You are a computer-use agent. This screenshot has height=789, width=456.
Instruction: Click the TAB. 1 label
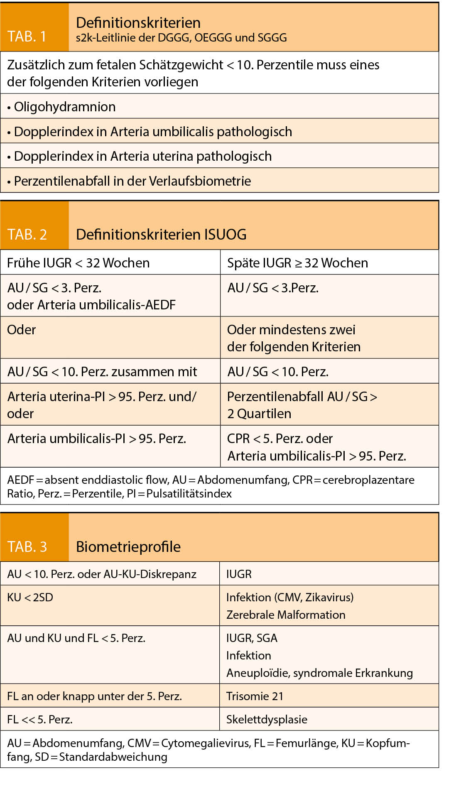(x=27, y=37)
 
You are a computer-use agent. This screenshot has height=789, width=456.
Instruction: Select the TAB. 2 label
(x=27, y=235)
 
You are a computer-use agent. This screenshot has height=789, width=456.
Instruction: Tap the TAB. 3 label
(x=27, y=546)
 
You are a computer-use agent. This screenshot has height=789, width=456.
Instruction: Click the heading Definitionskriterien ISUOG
(x=161, y=235)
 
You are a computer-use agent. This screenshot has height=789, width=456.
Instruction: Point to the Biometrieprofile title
(x=128, y=547)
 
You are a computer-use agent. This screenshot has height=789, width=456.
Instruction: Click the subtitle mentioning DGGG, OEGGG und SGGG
(x=181, y=38)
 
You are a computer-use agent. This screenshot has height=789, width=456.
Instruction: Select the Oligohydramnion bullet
(x=65, y=107)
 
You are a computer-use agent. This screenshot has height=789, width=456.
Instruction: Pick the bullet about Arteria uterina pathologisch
(x=142, y=156)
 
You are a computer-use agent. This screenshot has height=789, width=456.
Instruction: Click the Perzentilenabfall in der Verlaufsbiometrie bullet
(x=132, y=181)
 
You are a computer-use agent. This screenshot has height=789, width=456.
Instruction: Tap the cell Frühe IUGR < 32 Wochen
(x=78, y=263)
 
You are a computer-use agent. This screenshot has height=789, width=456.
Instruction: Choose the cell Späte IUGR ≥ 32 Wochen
(x=297, y=263)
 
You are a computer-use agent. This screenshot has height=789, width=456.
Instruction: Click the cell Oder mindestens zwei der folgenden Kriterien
(x=294, y=338)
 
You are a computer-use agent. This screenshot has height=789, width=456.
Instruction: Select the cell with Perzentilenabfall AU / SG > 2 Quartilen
(x=302, y=405)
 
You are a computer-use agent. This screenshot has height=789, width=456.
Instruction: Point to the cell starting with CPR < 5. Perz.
(x=316, y=447)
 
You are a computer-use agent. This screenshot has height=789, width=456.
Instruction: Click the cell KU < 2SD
(x=30, y=598)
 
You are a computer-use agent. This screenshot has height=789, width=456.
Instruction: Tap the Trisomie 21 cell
(x=255, y=696)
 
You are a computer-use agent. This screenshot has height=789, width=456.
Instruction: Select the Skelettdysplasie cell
(x=267, y=719)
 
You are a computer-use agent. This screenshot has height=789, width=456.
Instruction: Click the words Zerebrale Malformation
(x=286, y=615)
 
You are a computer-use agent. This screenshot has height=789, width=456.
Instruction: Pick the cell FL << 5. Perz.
(x=40, y=719)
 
